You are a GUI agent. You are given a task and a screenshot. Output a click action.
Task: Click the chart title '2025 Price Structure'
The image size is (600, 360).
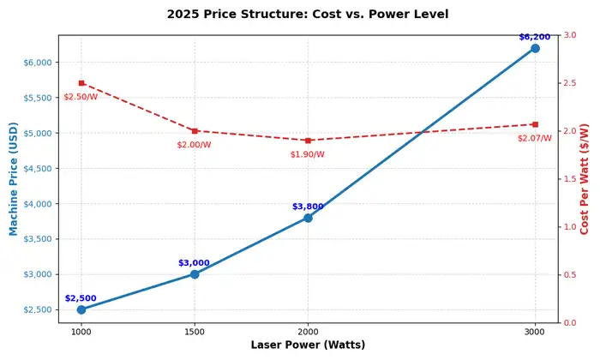click(307, 15)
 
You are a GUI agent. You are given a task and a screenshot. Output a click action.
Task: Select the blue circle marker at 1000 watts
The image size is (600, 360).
click(81, 309)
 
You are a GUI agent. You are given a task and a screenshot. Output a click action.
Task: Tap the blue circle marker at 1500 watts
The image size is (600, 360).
click(195, 274)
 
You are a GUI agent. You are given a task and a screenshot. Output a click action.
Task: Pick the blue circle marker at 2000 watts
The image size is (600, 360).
click(308, 218)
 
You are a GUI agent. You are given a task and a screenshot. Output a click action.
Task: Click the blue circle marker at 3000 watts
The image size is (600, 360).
click(535, 48)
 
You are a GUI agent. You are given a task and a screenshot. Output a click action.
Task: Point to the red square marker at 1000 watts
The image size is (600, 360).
click(81, 83)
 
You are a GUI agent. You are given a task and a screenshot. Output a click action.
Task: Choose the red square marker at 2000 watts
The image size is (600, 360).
click(308, 141)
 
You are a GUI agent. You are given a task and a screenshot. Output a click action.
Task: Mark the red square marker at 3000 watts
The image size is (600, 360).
click(535, 124)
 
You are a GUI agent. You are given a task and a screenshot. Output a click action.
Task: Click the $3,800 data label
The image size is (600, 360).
click(308, 207)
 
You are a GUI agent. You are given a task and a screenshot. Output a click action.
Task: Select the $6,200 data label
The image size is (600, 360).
click(535, 37)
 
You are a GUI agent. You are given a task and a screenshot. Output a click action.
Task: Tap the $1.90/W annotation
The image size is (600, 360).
click(308, 154)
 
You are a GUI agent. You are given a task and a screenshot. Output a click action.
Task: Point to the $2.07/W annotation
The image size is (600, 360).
click(535, 138)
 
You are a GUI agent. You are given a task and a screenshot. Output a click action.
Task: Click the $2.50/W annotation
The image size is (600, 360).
click(81, 97)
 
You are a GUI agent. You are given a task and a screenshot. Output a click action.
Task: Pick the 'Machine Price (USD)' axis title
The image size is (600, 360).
click(14, 178)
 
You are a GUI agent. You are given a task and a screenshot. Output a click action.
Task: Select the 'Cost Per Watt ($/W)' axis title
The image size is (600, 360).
click(585, 178)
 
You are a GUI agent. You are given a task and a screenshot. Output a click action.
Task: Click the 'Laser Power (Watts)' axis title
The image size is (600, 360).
click(308, 345)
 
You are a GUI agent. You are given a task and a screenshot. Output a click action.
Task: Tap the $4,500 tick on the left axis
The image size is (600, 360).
click(37, 169)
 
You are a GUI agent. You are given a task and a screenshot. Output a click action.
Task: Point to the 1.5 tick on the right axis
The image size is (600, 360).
click(570, 179)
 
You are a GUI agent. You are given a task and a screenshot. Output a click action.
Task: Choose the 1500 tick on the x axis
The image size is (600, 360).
click(195, 331)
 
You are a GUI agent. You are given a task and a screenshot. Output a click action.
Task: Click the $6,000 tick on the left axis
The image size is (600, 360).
click(37, 63)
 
